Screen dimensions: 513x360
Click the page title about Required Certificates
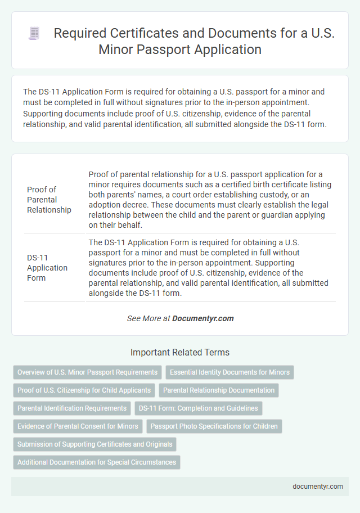[194, 41]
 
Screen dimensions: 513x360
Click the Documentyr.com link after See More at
[202, 318]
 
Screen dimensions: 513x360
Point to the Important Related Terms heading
[180, 352]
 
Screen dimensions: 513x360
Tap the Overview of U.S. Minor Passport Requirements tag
[87, 372]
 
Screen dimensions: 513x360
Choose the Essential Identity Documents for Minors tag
[229, 372]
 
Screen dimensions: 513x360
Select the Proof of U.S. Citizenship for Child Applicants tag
[84, 390]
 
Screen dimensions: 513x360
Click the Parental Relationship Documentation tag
[219, 390]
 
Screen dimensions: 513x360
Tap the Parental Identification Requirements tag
[72, 408]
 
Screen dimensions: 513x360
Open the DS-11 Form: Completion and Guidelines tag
[198, 408]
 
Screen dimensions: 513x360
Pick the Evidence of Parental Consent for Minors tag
[78, 426]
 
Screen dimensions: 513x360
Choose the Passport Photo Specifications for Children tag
[214, 426]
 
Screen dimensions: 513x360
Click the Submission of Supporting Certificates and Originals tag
[94, 444]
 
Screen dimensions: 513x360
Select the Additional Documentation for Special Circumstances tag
[96, 462]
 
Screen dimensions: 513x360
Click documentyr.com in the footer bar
[318, 487]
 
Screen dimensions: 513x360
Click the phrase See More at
[148, 318]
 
